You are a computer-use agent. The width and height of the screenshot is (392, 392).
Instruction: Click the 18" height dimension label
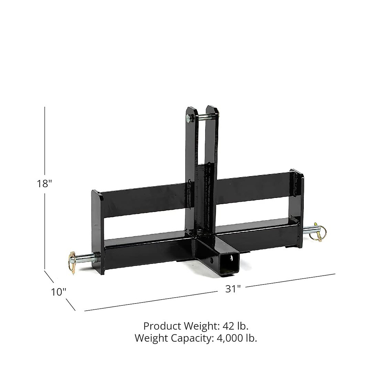[44, 184]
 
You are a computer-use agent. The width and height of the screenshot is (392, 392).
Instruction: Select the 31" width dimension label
[233, 289]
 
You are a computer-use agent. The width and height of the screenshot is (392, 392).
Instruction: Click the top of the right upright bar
[213, 108]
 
